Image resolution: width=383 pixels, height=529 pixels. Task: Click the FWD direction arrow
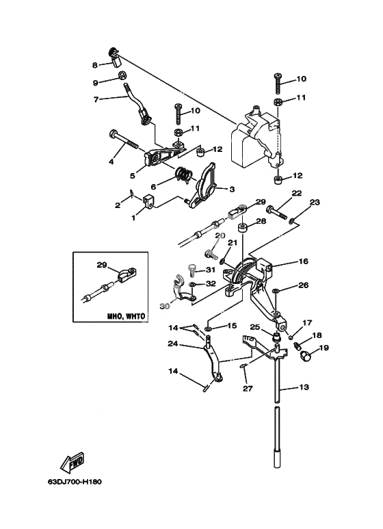click(72, 461)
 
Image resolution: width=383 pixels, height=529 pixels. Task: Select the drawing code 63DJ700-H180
click(75, 481)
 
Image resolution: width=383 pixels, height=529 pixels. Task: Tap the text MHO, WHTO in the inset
click(126, 316)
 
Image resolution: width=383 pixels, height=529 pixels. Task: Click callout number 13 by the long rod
click(304, 387)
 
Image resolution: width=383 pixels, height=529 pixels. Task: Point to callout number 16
click(304, 261)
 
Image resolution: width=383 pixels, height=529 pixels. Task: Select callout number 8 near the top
click(95, 65)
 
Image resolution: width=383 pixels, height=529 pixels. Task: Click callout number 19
click(323, 348)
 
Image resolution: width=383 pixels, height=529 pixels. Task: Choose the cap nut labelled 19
click(306, 355)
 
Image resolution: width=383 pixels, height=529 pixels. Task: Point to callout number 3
click(232, 190)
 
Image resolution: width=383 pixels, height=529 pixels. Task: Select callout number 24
click(173, 344)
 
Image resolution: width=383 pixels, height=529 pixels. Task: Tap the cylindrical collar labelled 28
click(243, 229)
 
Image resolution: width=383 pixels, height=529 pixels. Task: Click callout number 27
click(248, 389)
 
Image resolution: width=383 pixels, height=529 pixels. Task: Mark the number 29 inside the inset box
click(102, 265)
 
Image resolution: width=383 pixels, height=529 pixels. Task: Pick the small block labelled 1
click(148, 202)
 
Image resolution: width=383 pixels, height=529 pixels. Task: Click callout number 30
click(164, 306)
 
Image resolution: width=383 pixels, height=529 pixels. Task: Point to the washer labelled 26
click(276, 289)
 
